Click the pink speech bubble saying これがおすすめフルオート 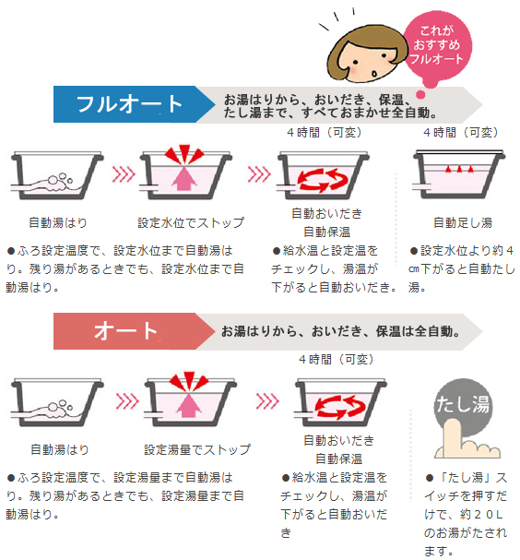[x=437, y=46]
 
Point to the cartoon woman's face [x=368, y=54]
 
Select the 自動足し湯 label [x=463, y=223]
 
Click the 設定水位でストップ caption [x=191, y=223]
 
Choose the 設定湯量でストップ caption [x=197, y=449]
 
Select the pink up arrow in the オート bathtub [x=188, y=403]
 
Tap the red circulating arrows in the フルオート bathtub [x=323, y=179]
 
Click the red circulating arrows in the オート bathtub [x=341, y=407]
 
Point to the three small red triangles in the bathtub [x=459, y=169]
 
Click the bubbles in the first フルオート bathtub [x=60, y=180]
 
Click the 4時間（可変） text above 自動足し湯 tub [x=460, y=133]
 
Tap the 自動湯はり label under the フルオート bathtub [x=58, y=223]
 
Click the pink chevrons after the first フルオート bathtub [x=124, y=174]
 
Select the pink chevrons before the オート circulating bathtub [x=267, y=401]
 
